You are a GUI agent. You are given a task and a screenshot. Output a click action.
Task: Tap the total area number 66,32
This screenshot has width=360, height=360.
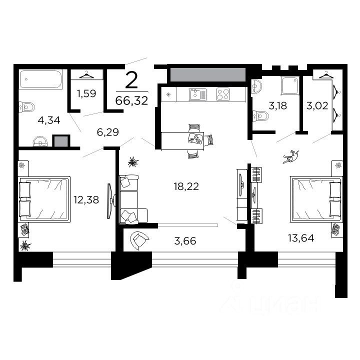pos(131,100)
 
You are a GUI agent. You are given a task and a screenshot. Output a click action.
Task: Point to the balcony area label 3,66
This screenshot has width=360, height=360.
pos(185,241)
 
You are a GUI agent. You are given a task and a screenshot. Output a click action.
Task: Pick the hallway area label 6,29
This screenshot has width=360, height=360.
pos(108,132)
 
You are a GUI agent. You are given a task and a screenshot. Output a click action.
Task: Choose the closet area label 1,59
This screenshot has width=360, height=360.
pos(86,92)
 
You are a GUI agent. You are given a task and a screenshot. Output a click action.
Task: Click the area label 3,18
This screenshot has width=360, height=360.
pos(277,105)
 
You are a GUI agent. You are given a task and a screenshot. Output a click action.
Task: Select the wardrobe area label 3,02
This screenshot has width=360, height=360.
pos(316,105)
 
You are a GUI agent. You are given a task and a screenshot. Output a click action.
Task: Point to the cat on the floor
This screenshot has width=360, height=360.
pos(290,157)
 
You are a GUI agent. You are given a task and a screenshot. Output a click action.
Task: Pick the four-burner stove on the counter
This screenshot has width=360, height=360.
pos(223,93)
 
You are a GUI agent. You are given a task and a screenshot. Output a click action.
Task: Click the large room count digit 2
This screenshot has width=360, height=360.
pos(131,80)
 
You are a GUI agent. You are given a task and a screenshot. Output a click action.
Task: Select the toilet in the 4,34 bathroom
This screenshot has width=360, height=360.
pos(27,107)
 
